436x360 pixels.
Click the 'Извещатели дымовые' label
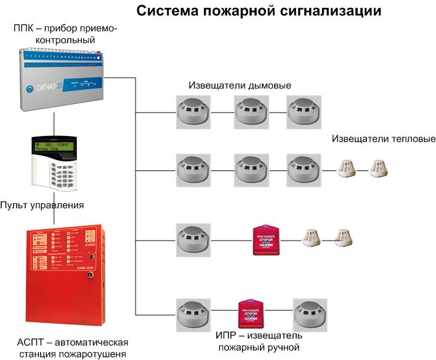tap(240, 86)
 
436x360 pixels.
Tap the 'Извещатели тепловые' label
tap(384, 138)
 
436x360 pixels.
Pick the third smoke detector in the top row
tap(302, 112)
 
